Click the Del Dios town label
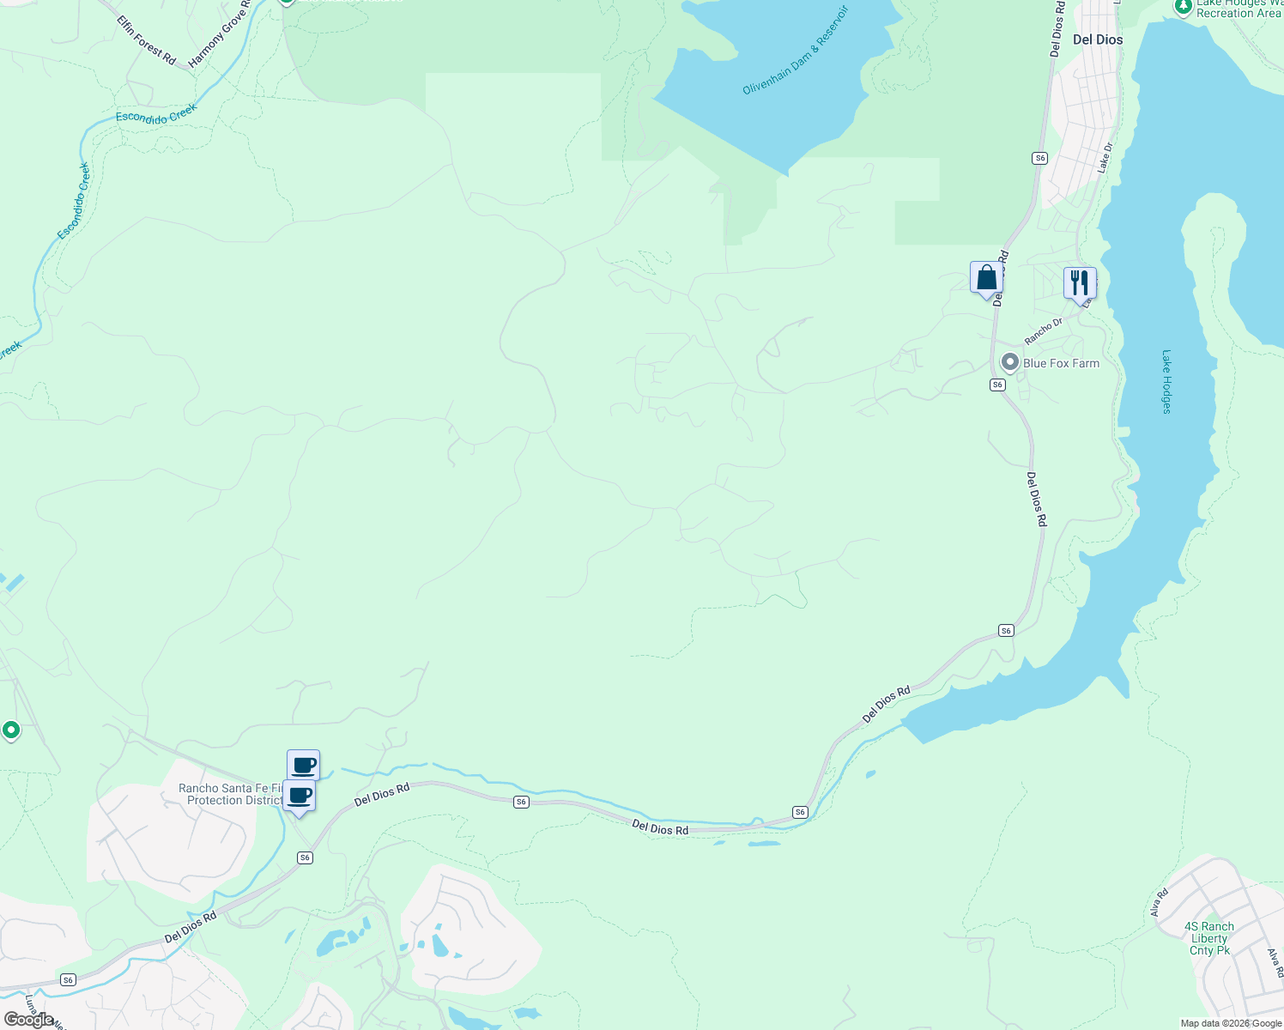1098,39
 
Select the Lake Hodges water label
1166,381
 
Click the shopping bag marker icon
986,277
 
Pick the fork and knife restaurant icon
1080,282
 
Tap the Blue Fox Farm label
1061,363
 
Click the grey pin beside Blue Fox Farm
1010,362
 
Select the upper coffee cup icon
303,764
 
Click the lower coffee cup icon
299,795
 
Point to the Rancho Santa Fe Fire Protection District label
229,794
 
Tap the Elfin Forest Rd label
147,42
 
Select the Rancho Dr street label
1044,329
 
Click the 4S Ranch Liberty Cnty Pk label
1209,938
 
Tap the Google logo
28,1020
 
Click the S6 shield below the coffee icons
305,857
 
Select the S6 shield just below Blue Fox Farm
997,385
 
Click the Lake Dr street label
1105,158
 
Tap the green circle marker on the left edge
11,730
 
